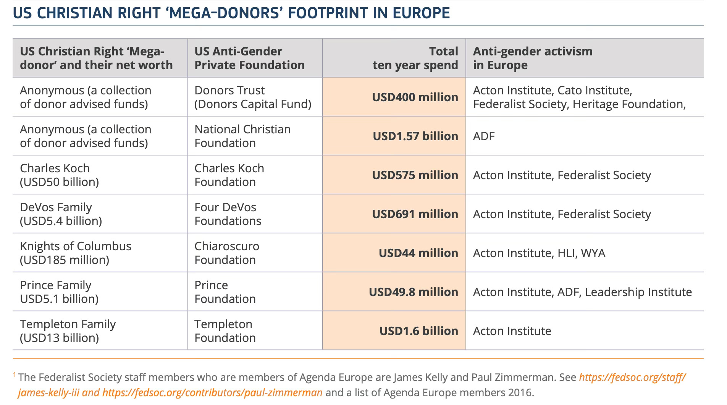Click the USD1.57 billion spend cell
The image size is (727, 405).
(x=415, y=136)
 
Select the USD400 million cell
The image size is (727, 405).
(x=415, y=97)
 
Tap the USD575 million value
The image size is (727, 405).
(x=415, y=175)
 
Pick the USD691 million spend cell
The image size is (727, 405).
(x=415, y=214)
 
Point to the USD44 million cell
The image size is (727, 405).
(x=418, y=253)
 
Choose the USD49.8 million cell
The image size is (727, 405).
(x=413, y=292)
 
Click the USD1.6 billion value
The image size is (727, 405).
(x=418, y=331)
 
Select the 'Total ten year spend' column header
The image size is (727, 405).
(x=415, y=58)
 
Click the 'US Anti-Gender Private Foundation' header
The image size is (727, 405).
(x=249, y=58)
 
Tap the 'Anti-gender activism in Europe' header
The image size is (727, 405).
(x=532, y=58)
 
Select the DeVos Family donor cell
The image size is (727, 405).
(x=61, y=214)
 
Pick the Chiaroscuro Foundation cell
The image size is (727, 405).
(x=226, y=253)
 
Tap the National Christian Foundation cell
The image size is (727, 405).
(x=242, y=136)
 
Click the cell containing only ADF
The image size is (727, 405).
(x=483, y=136)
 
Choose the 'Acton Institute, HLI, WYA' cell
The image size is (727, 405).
(x=539, y=253)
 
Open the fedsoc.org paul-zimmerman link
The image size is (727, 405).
(x=212, y=392)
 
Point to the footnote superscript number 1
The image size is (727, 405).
(x=15, y=375)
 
